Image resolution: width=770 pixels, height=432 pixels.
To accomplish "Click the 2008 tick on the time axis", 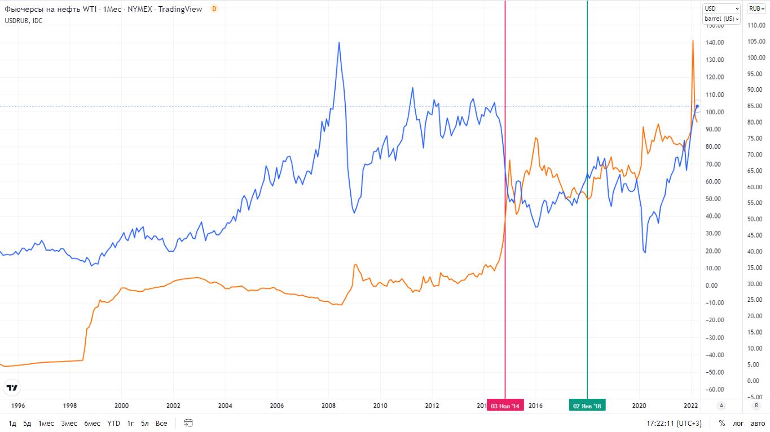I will pyautogui.click(x=328, y=405).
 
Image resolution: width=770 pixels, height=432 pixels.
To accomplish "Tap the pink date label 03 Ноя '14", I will pyautogui.click(x=505, y=406).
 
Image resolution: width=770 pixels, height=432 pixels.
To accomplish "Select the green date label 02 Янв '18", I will pyautogui.click(x=587, y=406).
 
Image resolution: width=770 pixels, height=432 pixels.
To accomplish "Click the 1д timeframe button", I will pyautogui.click(x=12, y=423).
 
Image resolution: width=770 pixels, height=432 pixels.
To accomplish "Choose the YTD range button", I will pyautogui.click(x=113, y=423).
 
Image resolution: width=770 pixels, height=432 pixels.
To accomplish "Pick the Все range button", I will pyautogui.click(x=161, y=423).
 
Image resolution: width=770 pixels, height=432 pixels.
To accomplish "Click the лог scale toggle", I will pyautogui.click(x=738, y=423).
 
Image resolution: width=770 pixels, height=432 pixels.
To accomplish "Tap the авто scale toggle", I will pyautogui.click(x=758, y=423).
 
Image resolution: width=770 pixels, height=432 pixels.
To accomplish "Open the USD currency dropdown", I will pyautogui.click(x=721, y=8).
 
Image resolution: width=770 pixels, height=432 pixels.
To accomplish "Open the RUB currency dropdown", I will pyautogui.click(x=755, y=8).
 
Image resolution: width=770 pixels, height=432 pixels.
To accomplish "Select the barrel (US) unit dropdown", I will pyautogui.click(x=721, y=19).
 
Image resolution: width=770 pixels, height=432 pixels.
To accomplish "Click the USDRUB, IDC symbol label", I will pyautogui.click(x=23, y=21).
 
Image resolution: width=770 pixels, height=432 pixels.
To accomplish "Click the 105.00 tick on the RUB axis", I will pyautogui.click(x=756, y=42).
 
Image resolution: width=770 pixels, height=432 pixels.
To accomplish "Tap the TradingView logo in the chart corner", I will pyautogui.click(x=11, y=388).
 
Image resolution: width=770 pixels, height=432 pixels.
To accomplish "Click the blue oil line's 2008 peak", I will pyautogui.click(x=338, y=42).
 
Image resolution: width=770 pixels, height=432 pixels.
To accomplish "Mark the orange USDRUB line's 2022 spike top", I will pyautogui.click(x=693, y=41).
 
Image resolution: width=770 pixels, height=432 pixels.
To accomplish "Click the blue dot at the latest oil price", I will pyautogui.click(x=697, y=106).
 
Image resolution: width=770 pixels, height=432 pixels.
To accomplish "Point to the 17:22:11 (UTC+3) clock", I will pyautogui.click(x=674, y=423).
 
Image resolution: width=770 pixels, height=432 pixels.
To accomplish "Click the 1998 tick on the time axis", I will pyautogui.click(x=69, y=405).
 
